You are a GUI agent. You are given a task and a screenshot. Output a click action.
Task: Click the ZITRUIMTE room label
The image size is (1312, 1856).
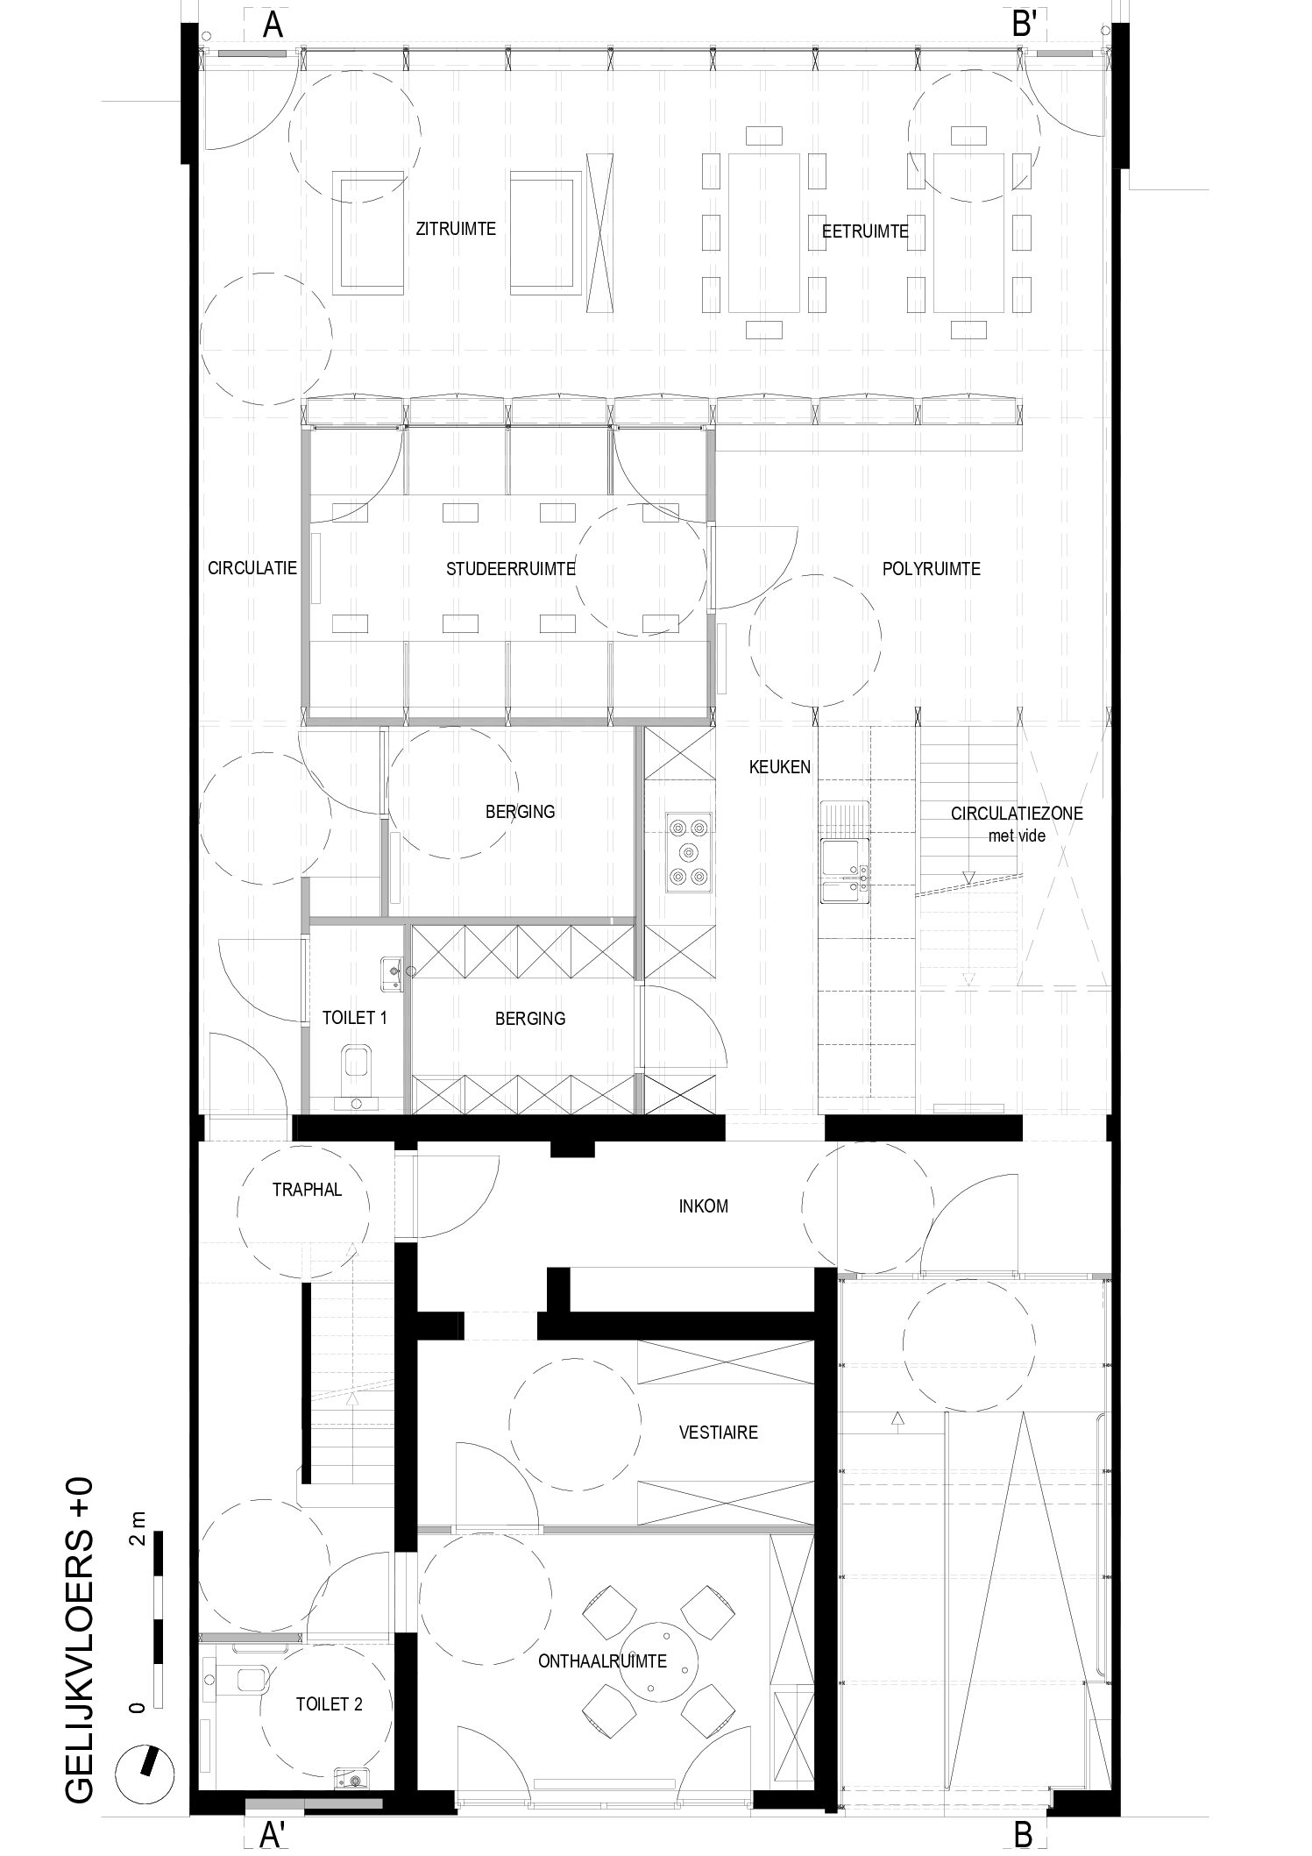click(456, 229)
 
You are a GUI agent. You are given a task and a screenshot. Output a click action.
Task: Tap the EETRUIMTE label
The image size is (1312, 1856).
click(865, 232)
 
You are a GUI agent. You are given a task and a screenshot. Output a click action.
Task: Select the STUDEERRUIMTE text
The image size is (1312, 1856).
click(510, 568)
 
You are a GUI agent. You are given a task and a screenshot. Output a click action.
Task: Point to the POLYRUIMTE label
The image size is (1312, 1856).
click(931, 569)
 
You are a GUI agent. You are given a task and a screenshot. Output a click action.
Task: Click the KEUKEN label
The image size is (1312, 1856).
click(780, 767)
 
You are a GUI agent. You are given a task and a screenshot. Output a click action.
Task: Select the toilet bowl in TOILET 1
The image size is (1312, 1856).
click(356, 1062)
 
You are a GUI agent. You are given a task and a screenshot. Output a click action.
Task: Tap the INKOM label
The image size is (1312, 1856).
click(704, 1206)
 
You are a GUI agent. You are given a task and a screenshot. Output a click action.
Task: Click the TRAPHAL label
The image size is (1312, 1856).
click(307, 1190)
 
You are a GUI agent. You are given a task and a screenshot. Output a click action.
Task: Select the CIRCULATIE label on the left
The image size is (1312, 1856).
click(252, 568)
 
